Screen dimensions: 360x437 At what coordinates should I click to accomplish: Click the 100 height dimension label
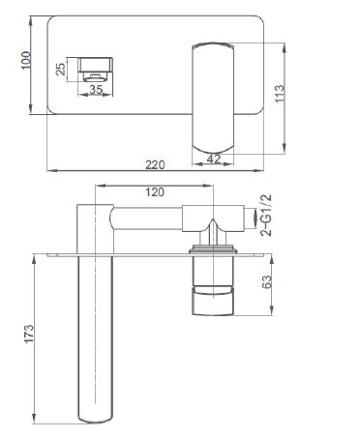click(26, 60)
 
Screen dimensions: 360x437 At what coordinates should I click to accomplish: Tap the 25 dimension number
click(61, 69)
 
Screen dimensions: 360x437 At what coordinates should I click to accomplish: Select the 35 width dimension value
click(96, 89)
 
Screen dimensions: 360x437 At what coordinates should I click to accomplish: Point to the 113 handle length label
click(280, 94)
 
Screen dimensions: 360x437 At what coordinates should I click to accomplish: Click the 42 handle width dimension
click(214, 159)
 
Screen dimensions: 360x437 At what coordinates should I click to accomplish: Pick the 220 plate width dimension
click(155, 164)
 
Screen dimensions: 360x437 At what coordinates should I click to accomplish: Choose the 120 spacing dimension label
click(155, 192)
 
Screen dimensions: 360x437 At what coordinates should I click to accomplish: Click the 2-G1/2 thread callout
click(266, 216)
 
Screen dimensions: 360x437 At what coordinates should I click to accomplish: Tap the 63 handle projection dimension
click(267, 282)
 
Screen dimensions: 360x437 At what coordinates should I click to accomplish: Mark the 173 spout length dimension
click(29, 335)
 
